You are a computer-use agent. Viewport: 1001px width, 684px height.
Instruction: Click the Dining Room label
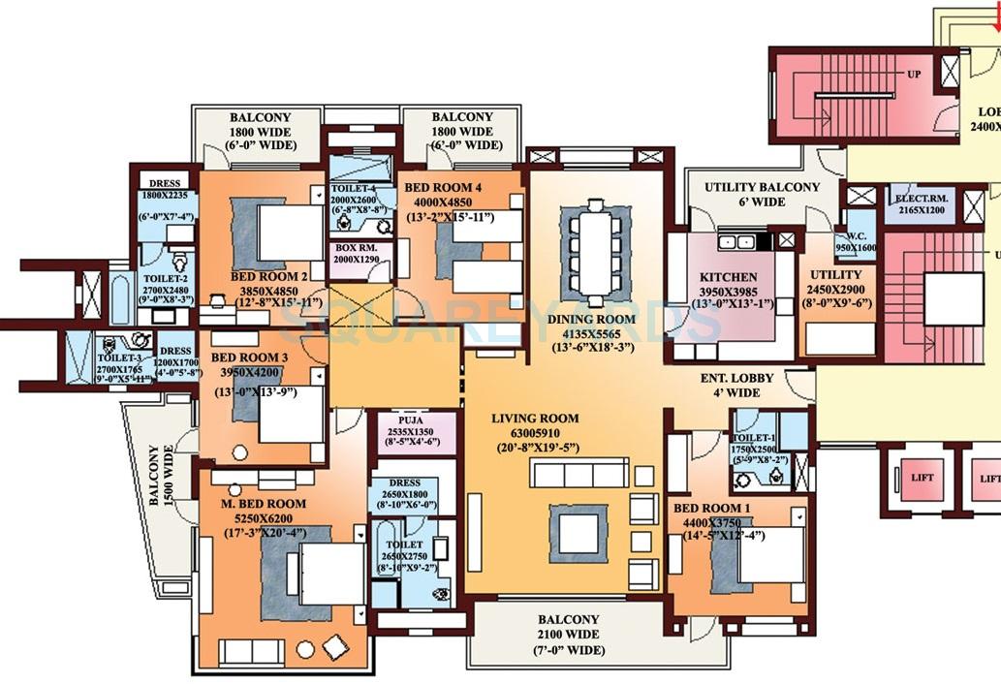point(593,319)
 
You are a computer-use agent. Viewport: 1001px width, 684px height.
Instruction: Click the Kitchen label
point(728,278)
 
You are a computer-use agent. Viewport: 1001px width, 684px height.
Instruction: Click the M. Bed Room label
point(265,504)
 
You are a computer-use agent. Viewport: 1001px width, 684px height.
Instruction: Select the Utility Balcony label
point(762,187)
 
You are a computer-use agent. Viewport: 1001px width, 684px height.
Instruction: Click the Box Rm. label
point(360,248)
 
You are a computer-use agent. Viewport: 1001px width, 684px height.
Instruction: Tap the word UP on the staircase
point(913,75)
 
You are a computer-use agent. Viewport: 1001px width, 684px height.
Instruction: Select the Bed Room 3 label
point(249,358)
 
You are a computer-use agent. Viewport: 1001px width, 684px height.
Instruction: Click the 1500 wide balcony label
point(156,475)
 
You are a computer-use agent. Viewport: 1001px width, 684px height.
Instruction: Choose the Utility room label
point(835,275)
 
